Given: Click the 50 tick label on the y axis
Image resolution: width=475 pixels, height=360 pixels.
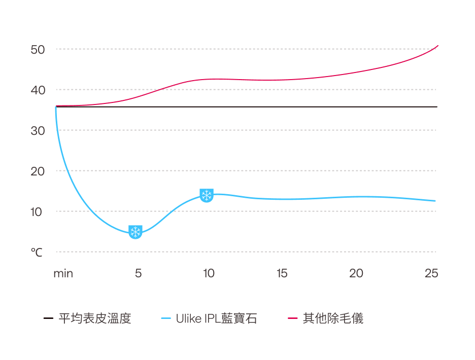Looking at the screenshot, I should (38, 50).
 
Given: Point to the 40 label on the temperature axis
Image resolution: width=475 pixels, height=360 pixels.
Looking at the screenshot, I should (38, 90).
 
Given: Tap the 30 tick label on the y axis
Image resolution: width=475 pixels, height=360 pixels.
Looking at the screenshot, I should (38, 131).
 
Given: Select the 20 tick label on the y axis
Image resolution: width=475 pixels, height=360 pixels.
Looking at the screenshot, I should (38, 171).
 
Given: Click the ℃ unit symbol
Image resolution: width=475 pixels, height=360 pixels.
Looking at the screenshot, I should (37, 252).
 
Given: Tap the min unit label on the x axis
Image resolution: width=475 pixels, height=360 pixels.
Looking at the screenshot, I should (63, 274).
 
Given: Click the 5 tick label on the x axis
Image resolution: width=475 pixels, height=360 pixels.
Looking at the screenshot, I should (138, 274).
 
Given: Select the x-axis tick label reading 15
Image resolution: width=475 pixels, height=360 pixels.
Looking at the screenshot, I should (282, 274).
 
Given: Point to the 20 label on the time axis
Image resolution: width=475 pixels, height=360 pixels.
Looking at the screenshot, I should (356, 274).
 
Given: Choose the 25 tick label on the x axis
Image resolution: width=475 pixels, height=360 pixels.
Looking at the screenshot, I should (431, 274).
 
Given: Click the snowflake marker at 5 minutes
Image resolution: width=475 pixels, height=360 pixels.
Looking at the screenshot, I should (135, 232).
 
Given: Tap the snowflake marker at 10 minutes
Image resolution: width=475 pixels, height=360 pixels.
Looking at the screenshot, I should (207, 195).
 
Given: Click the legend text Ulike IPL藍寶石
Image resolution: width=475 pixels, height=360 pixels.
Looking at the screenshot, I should (216, 319).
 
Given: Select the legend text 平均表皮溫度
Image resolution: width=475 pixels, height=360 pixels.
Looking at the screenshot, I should (95, 319).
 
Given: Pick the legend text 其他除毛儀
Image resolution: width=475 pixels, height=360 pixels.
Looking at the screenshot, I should (333, 319).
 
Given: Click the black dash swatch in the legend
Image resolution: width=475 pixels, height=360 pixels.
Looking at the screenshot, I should (48, 319).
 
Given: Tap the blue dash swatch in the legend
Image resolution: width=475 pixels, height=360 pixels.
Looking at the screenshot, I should (166, 319).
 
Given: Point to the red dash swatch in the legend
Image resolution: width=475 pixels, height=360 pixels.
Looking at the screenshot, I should (293, 319).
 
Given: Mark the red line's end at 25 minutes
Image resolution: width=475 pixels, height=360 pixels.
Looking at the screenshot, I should (437, 46).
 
